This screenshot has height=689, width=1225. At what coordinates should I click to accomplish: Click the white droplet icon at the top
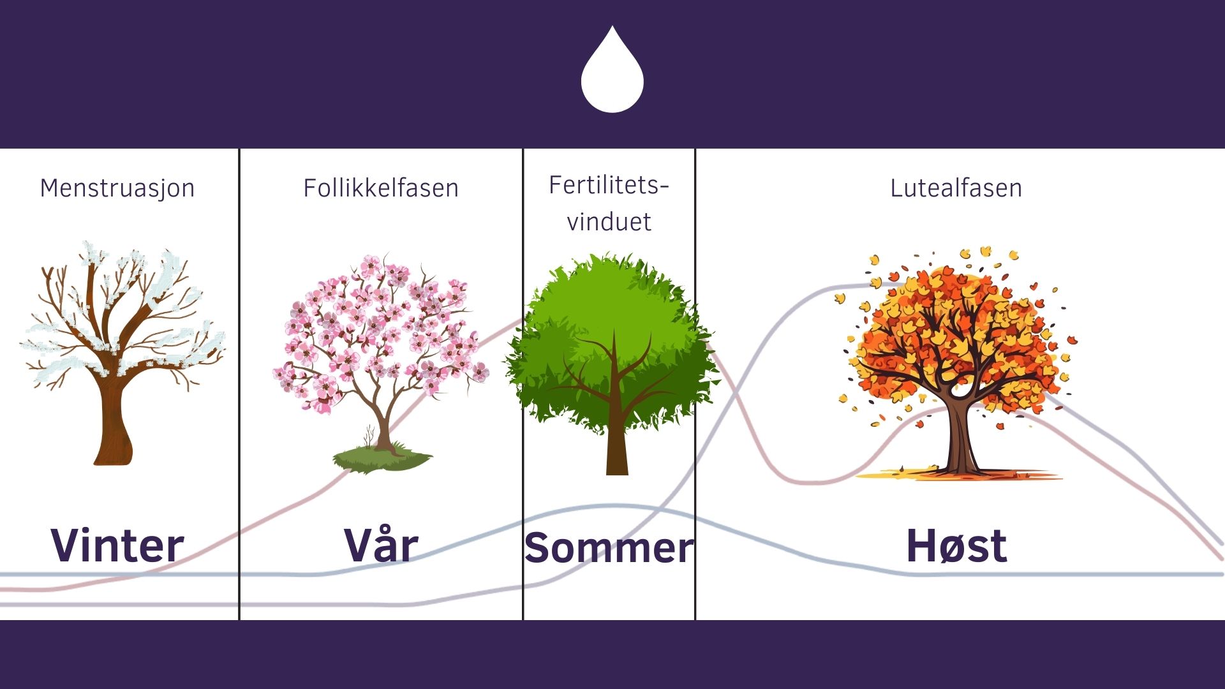[x=612, y=73]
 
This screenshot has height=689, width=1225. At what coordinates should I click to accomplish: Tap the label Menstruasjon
[x=117, y=188]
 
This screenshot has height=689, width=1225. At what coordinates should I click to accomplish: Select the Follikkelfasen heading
[x=381, y=188]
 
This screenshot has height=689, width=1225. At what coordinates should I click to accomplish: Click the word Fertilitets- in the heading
[x=609, y=185]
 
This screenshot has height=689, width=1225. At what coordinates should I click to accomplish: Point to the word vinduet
[x=609, y=222]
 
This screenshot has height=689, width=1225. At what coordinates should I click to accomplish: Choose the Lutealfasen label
[x=956, y=188]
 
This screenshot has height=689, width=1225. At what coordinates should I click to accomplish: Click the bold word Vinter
[x=117, y=546]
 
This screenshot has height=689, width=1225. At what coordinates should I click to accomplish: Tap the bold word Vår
[x=381, y=546]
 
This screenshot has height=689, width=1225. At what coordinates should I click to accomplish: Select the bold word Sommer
[x=609, y=548]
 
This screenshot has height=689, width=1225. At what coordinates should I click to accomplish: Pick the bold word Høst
[x=956, y=546]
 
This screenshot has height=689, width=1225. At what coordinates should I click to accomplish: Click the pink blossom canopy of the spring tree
[x=376, y=319]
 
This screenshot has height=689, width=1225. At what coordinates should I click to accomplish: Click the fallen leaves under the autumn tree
[x=957, y=475]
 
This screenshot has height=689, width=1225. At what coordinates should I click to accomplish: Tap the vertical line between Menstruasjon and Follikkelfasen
[x=239, y=383]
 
